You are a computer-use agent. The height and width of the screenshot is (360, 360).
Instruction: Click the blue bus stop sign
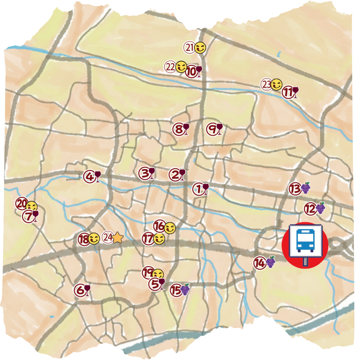pos(305,240)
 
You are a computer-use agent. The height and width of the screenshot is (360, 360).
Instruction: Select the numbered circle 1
pos(198,189)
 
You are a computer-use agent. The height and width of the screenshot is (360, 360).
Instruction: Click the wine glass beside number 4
pos(97,176)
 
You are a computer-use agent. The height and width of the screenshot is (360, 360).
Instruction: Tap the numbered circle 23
pos(266,85)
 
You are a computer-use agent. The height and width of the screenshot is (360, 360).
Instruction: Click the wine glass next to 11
pos(295,92)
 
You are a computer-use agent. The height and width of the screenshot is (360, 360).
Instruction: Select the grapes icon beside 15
pos(185,289)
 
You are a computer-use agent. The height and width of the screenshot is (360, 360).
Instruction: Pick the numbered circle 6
pos(80,290)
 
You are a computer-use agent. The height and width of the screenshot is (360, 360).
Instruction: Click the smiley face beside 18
pos(94,238)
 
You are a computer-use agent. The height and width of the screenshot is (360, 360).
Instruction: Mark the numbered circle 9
pos(212,129)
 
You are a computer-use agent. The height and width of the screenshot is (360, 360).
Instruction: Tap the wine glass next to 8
pos(186,129)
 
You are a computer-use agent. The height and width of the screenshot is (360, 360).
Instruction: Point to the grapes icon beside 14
pos(270,262)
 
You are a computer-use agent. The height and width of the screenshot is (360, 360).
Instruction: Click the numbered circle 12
pos(310,209)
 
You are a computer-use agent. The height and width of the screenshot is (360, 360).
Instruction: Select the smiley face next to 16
pos(170,227)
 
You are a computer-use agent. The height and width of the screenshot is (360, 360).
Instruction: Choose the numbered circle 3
pos(144,174)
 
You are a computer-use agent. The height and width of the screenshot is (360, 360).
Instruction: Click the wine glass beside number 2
pos(182,175)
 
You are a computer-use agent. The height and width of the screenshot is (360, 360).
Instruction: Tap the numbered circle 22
pos(170,67)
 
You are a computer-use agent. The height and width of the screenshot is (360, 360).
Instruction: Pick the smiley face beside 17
pos(159,238)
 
